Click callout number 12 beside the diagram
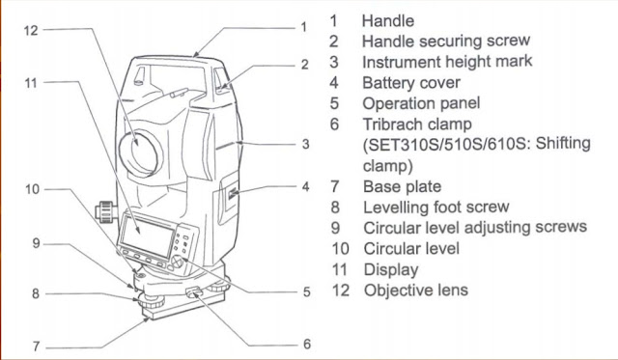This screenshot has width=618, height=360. (31, 30)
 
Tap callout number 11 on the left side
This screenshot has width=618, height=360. (31, 83)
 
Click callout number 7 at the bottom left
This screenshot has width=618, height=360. (36, 345)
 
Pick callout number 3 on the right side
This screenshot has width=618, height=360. (304, 144)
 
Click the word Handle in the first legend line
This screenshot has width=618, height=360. (387, 19)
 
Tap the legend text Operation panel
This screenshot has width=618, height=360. (420, 103)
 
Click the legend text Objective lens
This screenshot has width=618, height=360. (415, 290)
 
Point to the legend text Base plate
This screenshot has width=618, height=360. (402, 185)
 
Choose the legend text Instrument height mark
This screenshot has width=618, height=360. (446, 62)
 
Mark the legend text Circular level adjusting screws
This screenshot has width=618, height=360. (474, 227)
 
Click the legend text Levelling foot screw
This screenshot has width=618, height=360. (435, 207)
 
